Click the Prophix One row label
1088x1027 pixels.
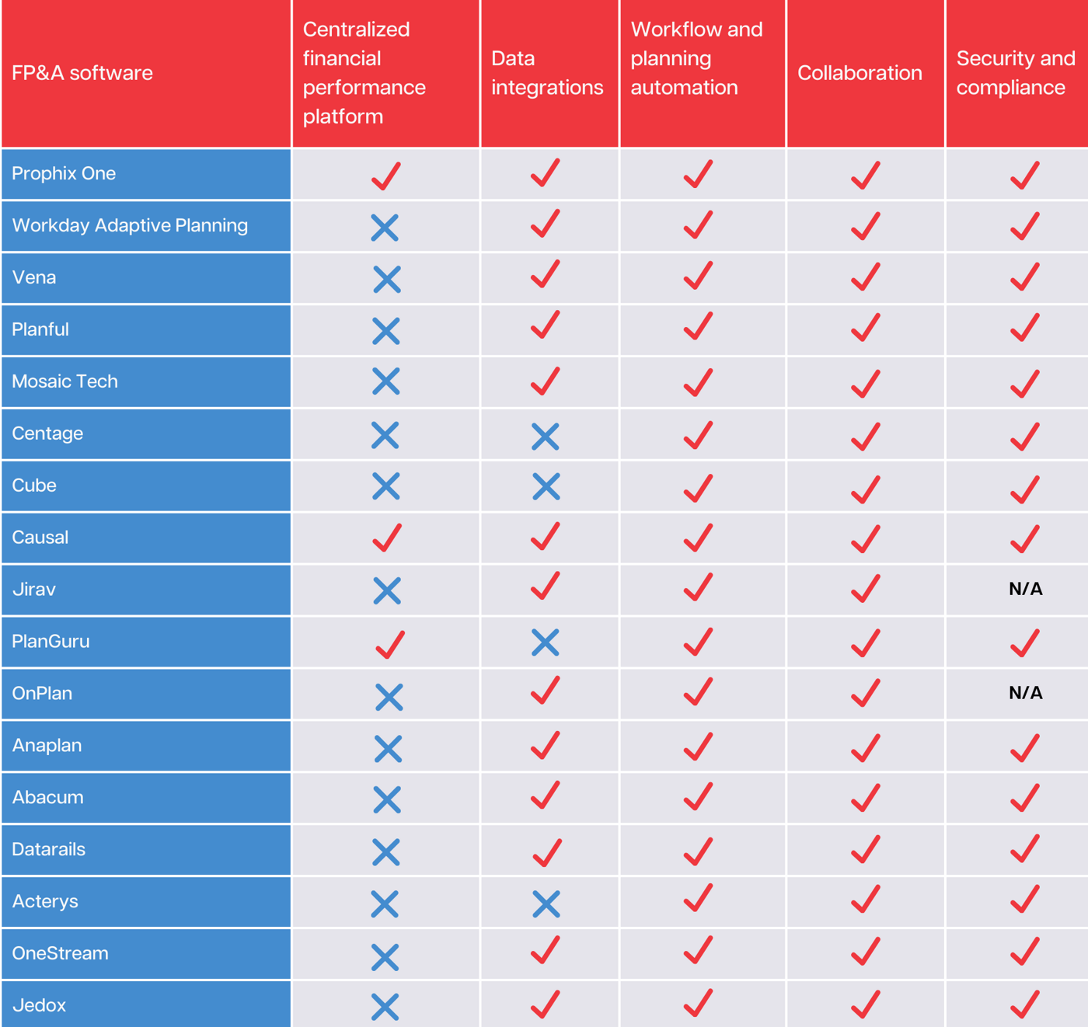coord(64,173)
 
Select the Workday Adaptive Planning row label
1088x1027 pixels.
coord(130,225)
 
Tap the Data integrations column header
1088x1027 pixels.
coord(547,73)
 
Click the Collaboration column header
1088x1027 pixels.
coord(860,73)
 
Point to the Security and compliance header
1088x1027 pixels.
coord(1015,73)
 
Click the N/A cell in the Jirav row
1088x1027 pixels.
coord(1025,589)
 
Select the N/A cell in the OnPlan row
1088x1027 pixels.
coord(1025,693)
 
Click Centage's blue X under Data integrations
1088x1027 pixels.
coord(546,437)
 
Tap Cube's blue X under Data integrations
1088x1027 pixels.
coord(546,487)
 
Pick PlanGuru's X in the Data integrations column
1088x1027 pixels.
coord(546,642)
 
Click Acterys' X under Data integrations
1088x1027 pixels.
coord(546,903)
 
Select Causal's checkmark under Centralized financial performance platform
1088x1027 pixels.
coord(387,538)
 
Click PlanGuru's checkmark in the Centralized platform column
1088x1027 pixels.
coord(390,644)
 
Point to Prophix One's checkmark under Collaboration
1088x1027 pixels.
coord(865,175)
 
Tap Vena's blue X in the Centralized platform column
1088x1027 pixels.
coord(386,279)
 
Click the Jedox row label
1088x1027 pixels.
coord(39,1005)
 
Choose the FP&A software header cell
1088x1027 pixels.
coord(82,73)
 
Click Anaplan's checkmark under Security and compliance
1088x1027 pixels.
coord(1025,747)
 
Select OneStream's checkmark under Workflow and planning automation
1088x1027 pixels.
coord(698,952)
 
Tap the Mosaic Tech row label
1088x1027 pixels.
coord(65,381)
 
